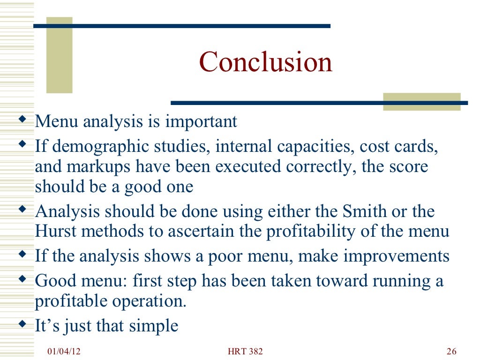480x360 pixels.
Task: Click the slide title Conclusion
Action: [266, 62]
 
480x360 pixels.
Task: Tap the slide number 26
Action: [451, 352]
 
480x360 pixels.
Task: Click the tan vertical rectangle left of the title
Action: [59, 55]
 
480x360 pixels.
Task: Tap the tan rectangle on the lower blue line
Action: [421, 102]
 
